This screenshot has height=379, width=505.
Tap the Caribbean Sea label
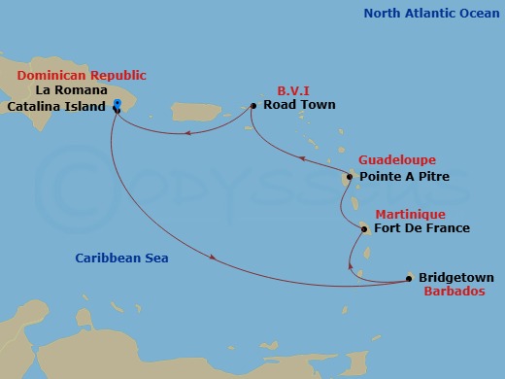click(122, 258)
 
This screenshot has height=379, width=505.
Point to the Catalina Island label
click(54, 107)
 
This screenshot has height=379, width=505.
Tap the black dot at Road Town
click(252, 106)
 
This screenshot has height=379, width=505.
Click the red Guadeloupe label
click(397, 159)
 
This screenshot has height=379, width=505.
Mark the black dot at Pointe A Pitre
click(351, 177)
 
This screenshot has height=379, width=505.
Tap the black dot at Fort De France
click(364, 229)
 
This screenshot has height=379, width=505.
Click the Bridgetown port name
click(456, 278)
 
